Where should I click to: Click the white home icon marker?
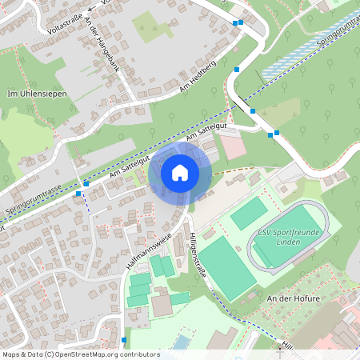coord(179,173)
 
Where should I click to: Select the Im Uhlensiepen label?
coord(36,94)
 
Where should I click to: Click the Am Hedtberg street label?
coord(199,77)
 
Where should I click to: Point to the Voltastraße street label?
coord(66,19)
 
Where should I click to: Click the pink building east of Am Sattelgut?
coord(233,147)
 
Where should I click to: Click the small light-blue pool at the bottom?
coord(182,342)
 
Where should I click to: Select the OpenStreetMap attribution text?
coord(80,354)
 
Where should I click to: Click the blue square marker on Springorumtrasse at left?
coord(78,193)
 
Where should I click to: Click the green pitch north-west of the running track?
coord(249,214)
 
